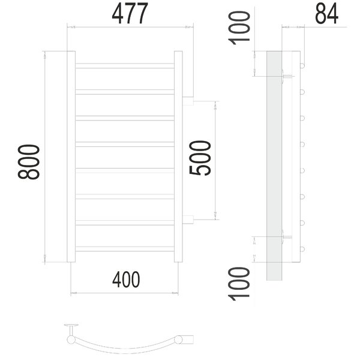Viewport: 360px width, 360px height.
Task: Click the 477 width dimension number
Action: pos(130,14)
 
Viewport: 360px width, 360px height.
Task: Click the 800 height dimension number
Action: pos(29,161)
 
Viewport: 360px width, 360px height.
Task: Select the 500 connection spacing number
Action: pos(200,158)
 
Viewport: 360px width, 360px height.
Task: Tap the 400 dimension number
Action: pos(126,279)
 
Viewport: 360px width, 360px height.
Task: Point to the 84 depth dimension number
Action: pos(326,14)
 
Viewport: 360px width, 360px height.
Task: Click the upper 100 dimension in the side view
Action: pos(239,28)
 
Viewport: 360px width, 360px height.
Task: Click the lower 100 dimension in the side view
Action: pos(239,284)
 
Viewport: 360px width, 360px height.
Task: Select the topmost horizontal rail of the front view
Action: pos(125,65)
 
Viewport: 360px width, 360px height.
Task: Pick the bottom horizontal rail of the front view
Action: pos(125,249)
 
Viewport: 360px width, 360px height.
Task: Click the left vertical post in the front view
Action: pos(71,157)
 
